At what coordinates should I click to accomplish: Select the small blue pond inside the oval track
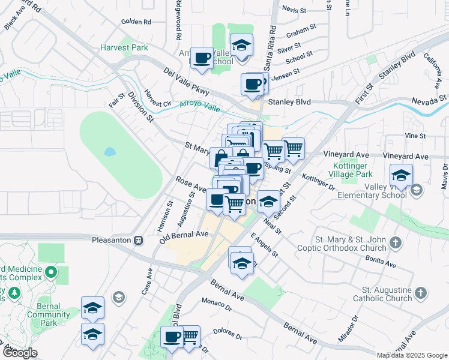[x=110, y=152]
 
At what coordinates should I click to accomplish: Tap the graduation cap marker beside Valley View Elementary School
[x=401, y=175]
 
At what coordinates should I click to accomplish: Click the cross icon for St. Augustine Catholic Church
[x=421, y=293]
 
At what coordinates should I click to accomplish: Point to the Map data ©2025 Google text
[x=411, y=355]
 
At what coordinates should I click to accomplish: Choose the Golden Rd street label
[x=136, y=22]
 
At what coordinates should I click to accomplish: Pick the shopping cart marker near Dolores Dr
[x=190, y=337]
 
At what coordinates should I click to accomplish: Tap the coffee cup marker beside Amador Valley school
[x=202, y=58]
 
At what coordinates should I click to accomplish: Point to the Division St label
[x=141, y=107]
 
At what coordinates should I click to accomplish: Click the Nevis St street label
[x=294, y=10]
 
